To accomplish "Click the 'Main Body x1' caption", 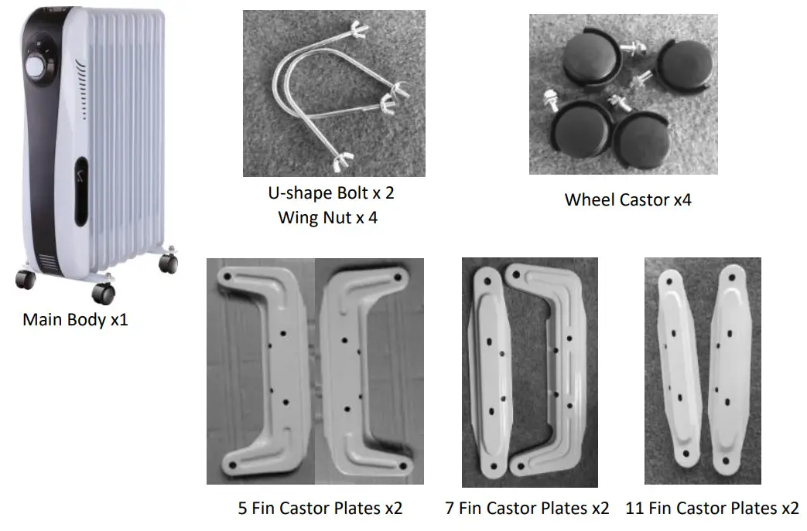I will click(x=75, y=319).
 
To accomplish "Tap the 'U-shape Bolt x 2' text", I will click(x=330, y=192).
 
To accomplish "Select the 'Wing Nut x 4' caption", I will click(x=328, y=217).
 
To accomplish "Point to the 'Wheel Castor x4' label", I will click(x=627, y=199).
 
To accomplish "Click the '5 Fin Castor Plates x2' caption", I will click(x=320, y=508).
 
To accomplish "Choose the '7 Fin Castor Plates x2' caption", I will click(x=527, y=508).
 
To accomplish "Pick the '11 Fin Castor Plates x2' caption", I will click(x=712, y=508).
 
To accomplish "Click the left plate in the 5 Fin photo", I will click(x=263, y=371).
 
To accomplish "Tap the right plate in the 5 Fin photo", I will click(x=364, y=371).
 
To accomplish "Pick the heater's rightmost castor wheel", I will click(x=168, y=264).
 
